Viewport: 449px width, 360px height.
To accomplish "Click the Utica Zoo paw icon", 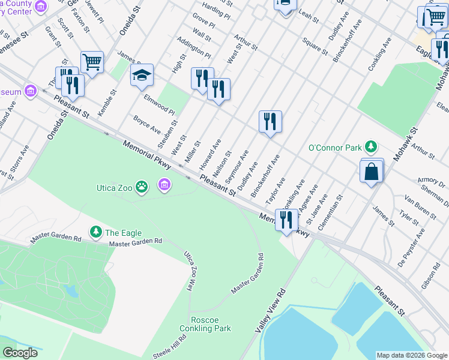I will (x=142, y=187).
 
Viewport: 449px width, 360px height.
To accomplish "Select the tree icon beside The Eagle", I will (x=95, y=232).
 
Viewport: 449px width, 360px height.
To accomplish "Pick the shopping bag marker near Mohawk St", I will (x=372, y=171).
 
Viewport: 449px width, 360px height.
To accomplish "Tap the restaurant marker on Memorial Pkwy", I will (x=286, y=220).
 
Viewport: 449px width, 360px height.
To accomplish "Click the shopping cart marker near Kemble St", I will (x=92, y=62).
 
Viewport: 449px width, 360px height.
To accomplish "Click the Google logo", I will (x=20, y=353).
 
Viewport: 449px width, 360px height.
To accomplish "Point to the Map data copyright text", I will (x=412, y=355).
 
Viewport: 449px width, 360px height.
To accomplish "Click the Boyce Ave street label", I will (x=147, y=124).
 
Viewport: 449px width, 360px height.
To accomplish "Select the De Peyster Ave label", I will (x=412, y=241).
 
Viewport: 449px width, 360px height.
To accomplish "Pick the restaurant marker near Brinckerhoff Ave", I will (x=270, y=122).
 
